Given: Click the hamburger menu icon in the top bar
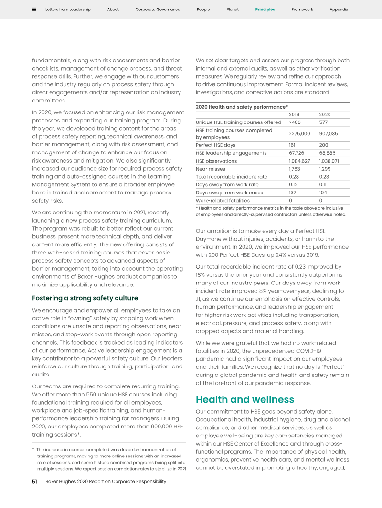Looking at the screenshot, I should [34, 10].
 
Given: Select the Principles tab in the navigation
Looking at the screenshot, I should [265, 10].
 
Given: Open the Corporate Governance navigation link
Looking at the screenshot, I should [158, 10].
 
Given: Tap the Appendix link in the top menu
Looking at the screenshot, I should [339, 10].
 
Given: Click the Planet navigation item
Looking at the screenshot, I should [233, 10].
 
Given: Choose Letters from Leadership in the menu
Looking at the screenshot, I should [68, 10].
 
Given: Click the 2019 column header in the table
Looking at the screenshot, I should [295, 115].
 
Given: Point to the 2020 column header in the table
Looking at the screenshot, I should [325, 115].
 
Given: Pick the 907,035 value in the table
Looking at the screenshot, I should [328, 134].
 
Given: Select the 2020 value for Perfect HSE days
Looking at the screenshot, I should [323, 145].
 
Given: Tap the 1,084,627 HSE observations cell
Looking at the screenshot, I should [299, 161].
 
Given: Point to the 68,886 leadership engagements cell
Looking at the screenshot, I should [328, 153].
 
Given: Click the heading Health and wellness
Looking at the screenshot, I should [245, 399].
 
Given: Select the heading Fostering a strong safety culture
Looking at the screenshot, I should [85, 298].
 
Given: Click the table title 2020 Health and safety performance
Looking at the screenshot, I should [242, 107].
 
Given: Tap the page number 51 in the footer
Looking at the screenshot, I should [34, 481].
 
